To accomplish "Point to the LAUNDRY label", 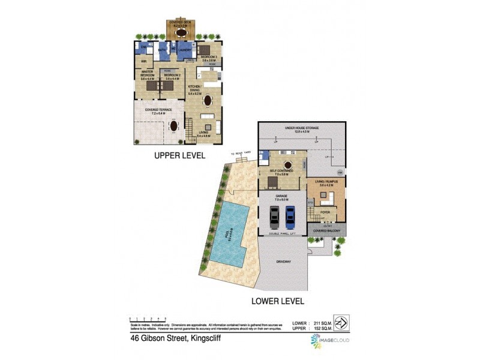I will point(184,50).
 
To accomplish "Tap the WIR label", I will point(144,61).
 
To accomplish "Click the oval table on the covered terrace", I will point(174,126).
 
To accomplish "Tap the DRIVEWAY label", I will point(284,262).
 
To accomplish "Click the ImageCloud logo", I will point(330,341).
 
